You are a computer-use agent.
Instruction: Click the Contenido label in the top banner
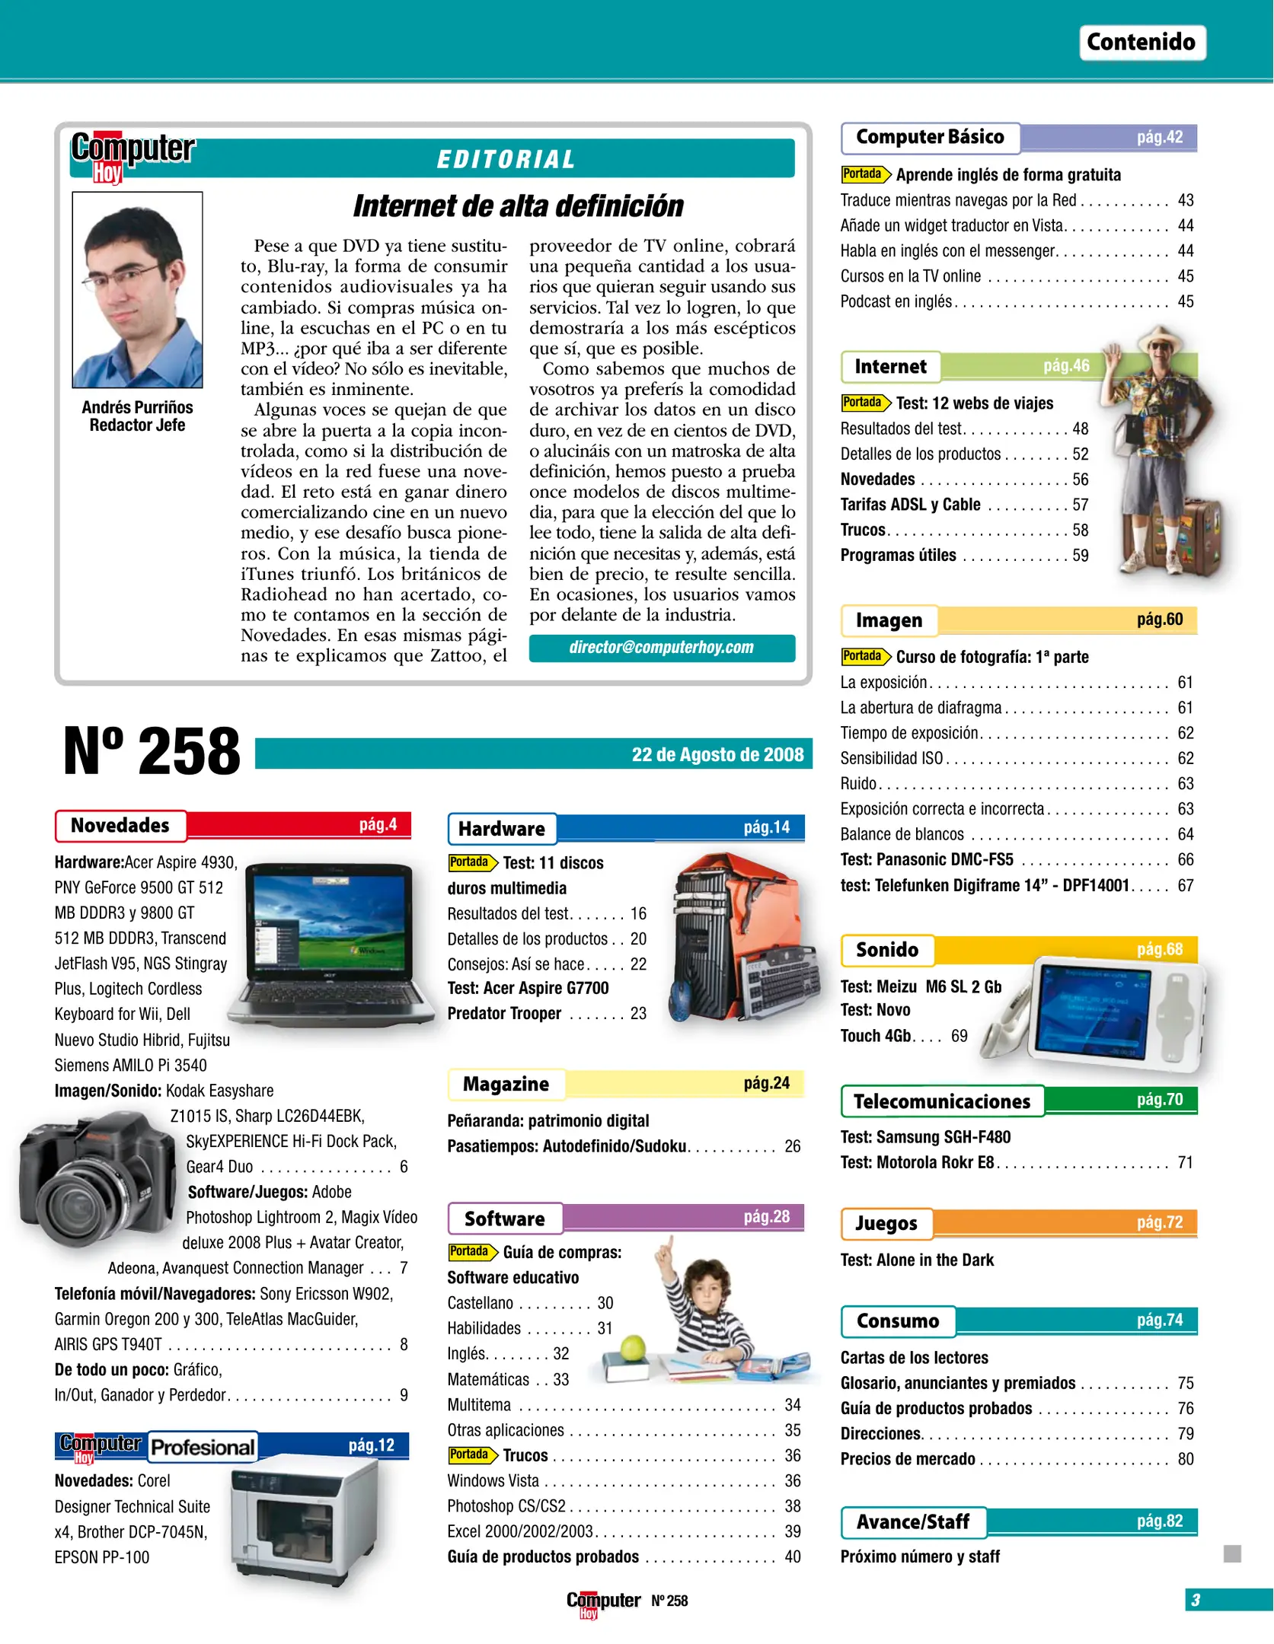click(1141, 42)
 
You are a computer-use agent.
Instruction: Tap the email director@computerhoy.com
click(661, 648)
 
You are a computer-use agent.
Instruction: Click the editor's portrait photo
click(138, 290)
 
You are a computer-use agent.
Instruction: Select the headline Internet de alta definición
click(518, 205)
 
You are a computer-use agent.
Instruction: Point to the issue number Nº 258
click(152, 751)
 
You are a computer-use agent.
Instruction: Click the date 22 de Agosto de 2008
click(717, 754)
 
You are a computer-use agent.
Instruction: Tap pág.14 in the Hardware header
click(766, 827)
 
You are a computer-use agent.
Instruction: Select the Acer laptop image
click(331, 944)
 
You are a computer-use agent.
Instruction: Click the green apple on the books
click(633, 1349)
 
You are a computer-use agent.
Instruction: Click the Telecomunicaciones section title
click(941, 1101)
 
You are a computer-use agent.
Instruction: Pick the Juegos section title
click(886, 1223)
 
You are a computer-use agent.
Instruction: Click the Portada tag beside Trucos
click(471, 1455)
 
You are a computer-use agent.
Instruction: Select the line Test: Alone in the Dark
click(917, 1260)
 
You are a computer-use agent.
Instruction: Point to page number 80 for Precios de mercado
click(1185, 1459)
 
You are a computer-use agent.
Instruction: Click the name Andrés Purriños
click(138, 407)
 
